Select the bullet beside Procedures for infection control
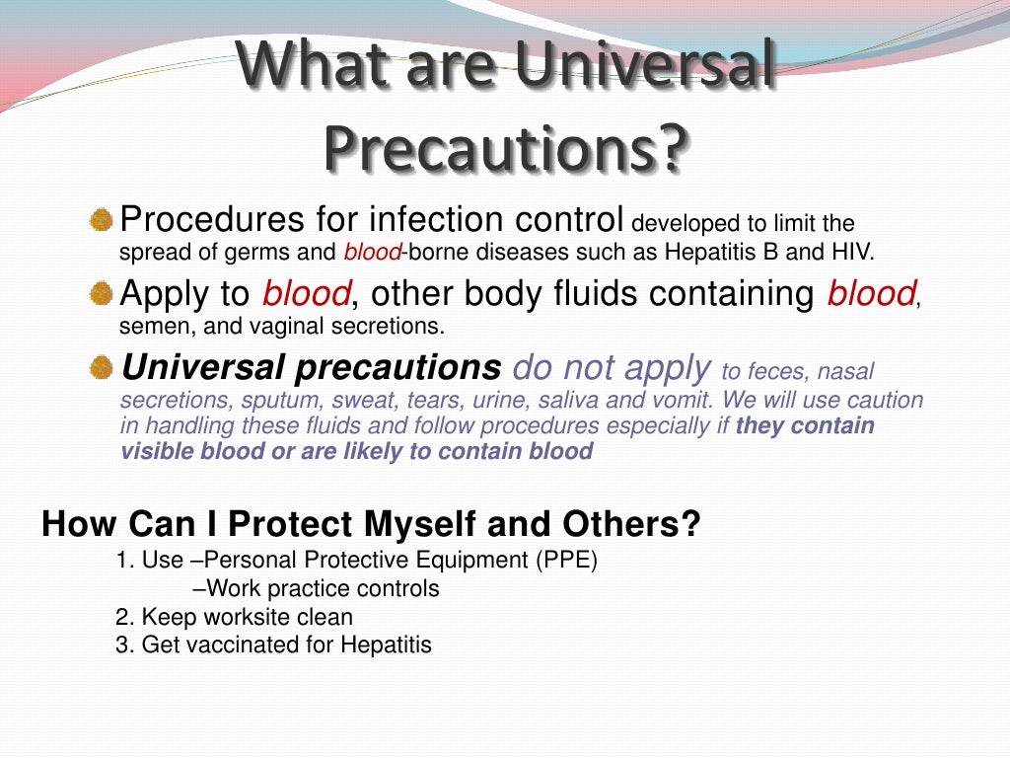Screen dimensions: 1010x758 click(x=102, y=220)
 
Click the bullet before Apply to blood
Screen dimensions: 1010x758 click(x=102, y=294)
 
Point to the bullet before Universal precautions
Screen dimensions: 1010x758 click(x=102, y=368)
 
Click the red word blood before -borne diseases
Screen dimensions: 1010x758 click(x=373, y=252)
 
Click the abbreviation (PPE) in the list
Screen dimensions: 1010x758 click(x=566, y=561)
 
